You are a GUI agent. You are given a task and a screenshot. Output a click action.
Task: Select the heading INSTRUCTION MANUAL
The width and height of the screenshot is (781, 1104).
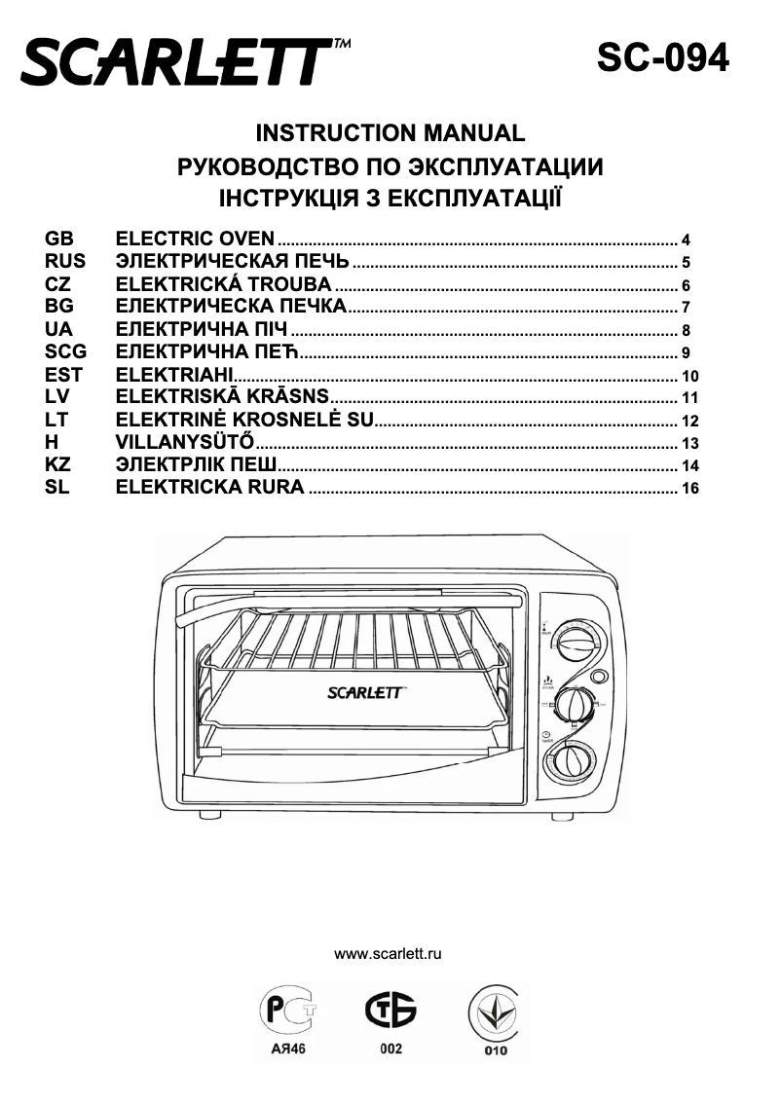[x=390, y=133]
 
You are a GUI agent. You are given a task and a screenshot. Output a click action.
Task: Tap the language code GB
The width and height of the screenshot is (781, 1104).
[x=57, y=238]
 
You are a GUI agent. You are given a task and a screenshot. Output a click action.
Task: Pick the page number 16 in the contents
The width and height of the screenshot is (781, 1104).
[x=691, y=489]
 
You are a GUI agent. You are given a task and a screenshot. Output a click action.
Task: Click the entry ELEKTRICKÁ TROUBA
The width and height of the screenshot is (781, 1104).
[x=224, y=285]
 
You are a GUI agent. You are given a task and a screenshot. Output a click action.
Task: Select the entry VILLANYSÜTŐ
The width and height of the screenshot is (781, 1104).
[x=185, y=442]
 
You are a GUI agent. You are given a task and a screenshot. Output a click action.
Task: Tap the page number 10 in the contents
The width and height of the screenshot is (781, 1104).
[x=691, y=376]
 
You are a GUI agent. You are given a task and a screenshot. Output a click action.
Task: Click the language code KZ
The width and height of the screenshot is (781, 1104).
[x=57, y=464]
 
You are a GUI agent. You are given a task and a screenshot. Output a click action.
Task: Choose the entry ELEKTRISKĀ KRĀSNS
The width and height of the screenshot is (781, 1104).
[x=224, y=397]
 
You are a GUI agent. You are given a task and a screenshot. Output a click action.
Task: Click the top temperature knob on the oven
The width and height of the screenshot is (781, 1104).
[x=578, y=642]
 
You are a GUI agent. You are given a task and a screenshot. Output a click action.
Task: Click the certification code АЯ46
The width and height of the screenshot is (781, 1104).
[x=288, y=1050]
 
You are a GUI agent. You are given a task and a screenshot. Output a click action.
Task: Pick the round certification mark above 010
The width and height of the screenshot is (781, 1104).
[x=495, y=1012]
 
